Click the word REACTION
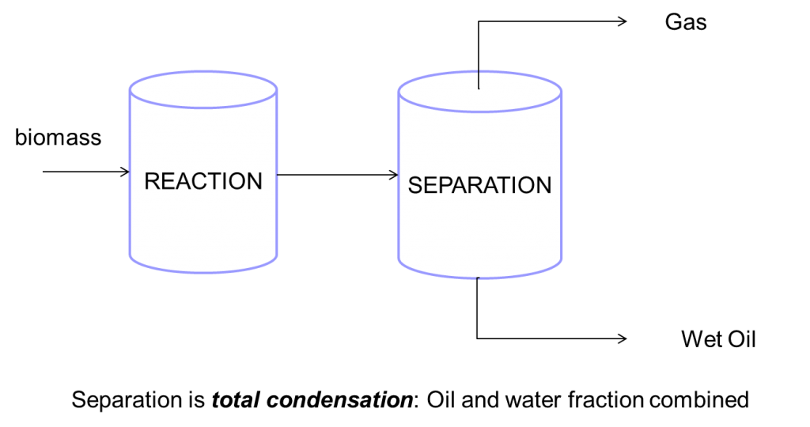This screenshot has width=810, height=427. point(203,181)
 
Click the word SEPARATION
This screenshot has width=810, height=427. point(479,185)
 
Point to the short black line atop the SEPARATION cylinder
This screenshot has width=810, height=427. point(479,80)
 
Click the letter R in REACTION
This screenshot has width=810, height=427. point(152,181)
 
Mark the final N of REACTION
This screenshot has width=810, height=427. point(254,181)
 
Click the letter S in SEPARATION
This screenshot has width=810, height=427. point(415,185)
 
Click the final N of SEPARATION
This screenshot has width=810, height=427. point(544,185)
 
